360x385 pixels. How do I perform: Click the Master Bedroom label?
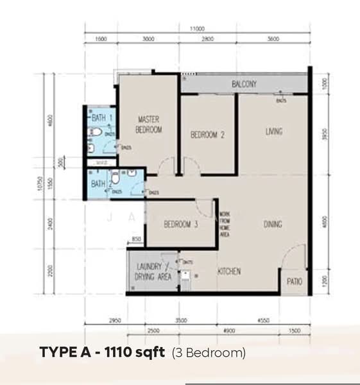click(x=148, y=124)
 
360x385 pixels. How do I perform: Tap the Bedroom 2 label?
click(x=207, y=135)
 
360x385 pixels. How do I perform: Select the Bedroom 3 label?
click(x=180, y=225)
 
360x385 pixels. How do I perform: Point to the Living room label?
click(x=275, y=132)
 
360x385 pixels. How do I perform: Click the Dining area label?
click(x=273, y=225)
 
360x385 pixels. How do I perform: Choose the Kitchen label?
click(x=229, y=271)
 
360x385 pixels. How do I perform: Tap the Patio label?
click(x=294, y=282)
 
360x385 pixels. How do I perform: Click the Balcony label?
click(x=244, y=84)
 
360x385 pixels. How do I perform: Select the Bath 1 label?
click(x=102, y=118)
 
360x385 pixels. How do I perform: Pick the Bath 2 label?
click(x=98, y=184)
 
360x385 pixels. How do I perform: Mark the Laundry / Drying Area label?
click(x=152, y=271)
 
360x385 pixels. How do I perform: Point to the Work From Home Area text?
click(x=224, y=225)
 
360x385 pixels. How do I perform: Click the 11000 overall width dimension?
click(x=196, y=29)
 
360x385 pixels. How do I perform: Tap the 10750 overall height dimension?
click(x=40, y=184)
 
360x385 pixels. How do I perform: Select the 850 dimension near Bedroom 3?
click(x=136, y=239)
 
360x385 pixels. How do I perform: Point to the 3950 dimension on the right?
click(x=325, y=136)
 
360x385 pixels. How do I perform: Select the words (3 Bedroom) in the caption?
click(x=209, y=352)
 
